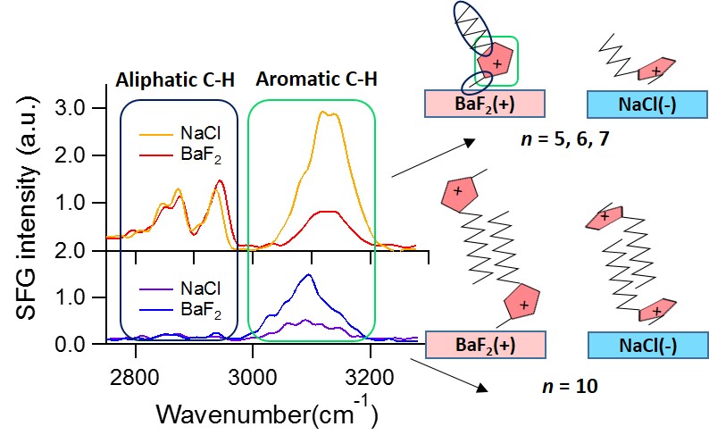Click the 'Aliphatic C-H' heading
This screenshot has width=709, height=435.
(x=175, y=79)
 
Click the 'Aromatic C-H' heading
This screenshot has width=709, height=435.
(x=316, y=79)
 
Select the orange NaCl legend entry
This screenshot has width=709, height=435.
(x=186, y=135)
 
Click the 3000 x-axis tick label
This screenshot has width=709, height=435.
(x=254, y=367)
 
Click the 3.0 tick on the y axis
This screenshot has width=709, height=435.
(x=93, y=107)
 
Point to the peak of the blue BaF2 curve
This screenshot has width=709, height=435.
(x=309, y=275)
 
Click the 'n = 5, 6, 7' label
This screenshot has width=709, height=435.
(x=564, y=140)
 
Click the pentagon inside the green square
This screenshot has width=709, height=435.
(x=496, y=64)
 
